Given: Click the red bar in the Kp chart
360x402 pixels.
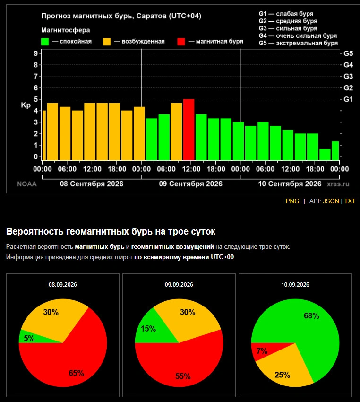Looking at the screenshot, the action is pos(189,130).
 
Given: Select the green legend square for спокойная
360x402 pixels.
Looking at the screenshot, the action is pos(45,42).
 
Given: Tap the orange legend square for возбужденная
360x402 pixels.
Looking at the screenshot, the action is pos(107,42).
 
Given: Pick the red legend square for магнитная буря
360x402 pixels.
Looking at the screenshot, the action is pos(181,42).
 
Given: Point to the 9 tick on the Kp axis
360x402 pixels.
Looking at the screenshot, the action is pos(36,53).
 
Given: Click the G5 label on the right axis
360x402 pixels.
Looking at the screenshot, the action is pos(348,53).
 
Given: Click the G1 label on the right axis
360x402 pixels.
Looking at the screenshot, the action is pos(348,99).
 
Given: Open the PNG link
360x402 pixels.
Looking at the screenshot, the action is pos(292,201).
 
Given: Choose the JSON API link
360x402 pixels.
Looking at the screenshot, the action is pos(331,201).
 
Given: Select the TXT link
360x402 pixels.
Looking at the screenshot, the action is pos(350,201).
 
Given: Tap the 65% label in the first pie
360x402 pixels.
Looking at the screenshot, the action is pos(77,373).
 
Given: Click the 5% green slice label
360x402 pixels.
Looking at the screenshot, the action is pos(29,338).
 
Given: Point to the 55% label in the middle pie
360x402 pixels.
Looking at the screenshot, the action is pos(183,376).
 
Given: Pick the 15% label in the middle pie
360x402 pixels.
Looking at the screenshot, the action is pos(148,328).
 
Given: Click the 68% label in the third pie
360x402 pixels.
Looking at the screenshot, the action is pos(311,315).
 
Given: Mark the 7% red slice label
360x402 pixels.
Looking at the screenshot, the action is pos(262,351).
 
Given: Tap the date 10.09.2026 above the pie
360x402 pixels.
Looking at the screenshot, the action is pos(295,285).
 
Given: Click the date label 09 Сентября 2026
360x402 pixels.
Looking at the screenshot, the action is pos(191,184).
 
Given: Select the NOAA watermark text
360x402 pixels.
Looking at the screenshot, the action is pos(27,184).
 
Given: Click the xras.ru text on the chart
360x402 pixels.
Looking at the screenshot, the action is pos(338,184).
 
